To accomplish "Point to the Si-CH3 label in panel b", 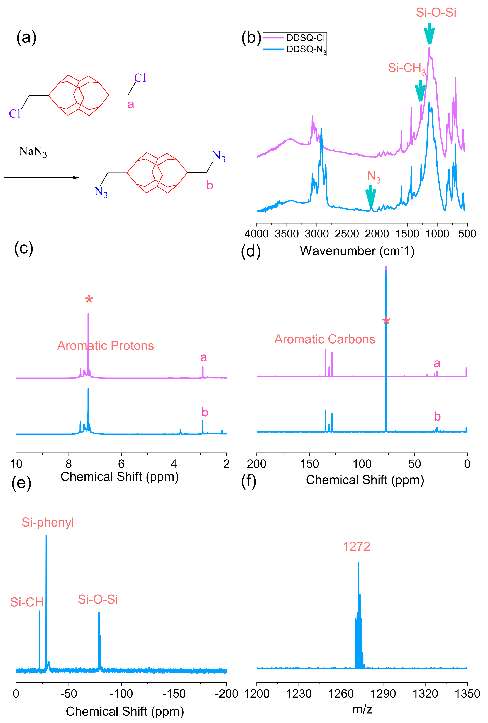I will [407, 68].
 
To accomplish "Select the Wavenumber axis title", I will [357, 251].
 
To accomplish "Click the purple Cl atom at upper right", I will [140, 78].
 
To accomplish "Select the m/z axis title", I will [362, 709].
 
